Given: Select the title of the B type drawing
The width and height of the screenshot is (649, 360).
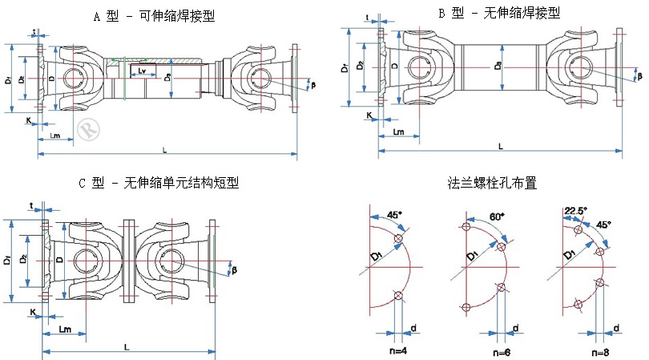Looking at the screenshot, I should coord(498,13).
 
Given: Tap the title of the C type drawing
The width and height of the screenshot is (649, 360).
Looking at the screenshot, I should coord(159,183).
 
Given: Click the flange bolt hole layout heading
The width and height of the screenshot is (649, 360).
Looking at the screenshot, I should coord(492,183).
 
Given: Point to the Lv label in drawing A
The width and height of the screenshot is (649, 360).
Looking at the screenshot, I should coord(141,72).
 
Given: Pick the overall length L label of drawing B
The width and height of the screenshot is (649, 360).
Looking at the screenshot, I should coord(500,147).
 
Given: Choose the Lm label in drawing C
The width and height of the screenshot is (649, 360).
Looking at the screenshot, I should coord(67,330).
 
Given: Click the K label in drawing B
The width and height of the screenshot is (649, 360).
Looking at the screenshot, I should coord(369,115).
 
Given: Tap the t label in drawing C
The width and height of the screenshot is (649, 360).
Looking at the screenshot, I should coord(31,206).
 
